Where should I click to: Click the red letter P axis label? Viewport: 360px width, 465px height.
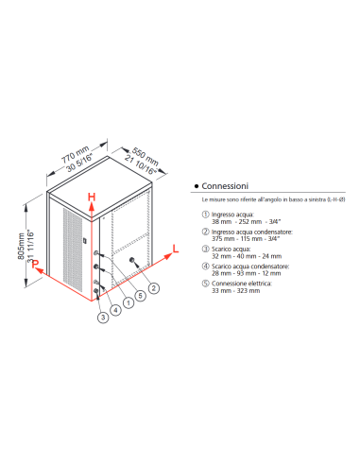click(x=34, y=267)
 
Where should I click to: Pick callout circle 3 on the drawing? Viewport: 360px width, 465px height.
click(x=101, y=316)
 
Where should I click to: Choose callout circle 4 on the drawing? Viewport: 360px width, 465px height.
click(x=113, y=308)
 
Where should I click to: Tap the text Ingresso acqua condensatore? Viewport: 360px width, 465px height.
click(x=252, y=231)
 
